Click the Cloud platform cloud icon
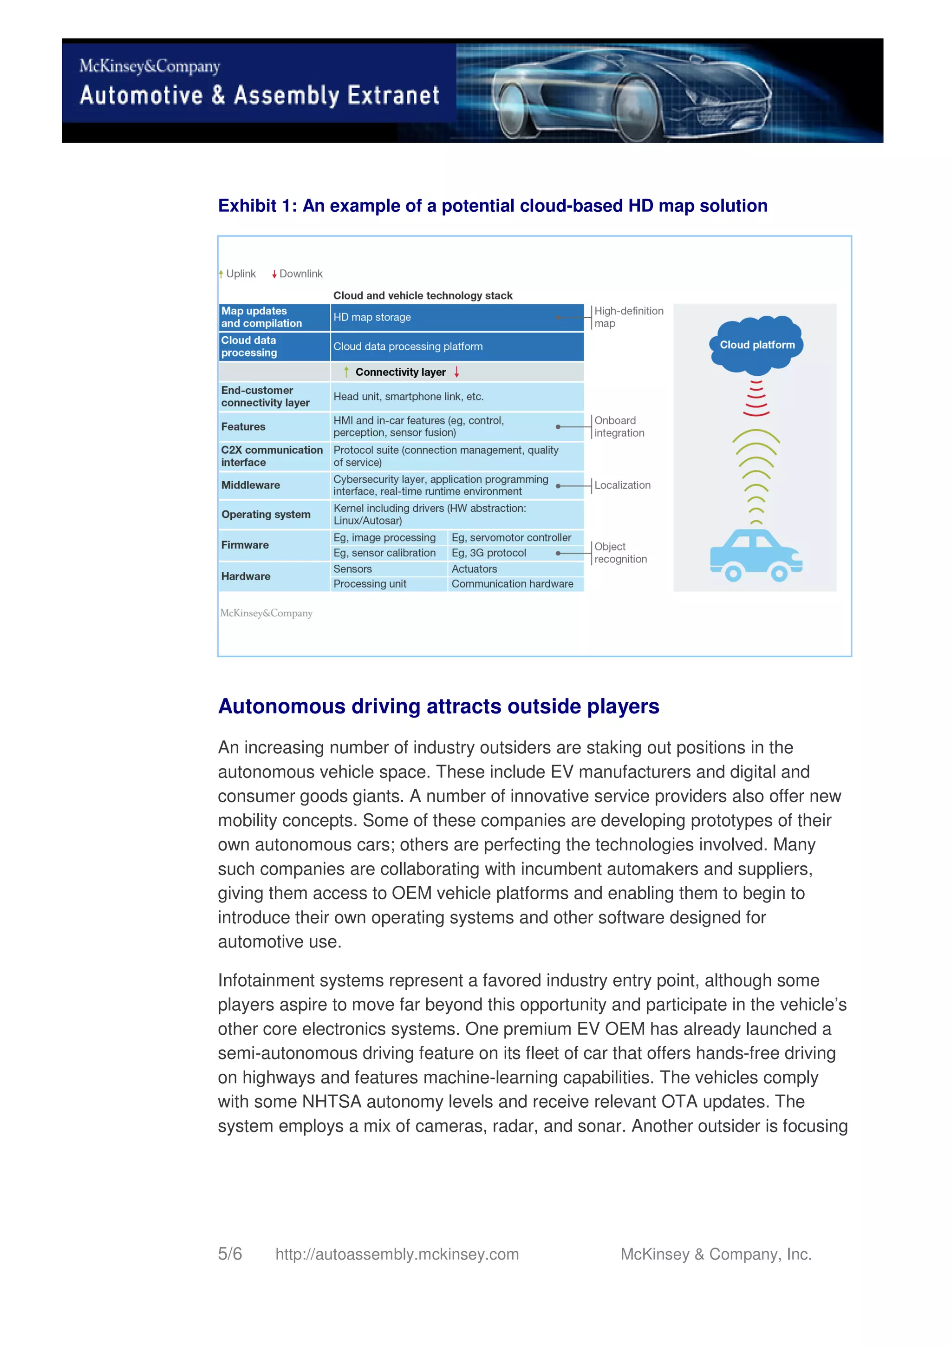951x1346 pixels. click(x=756, y=345)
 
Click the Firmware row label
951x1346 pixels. click(x=245, y=545)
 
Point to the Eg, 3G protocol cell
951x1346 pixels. click(x=489, y=553)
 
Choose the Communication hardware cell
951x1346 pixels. click(x=512, y=584)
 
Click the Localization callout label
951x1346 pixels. click(x=622, y=485)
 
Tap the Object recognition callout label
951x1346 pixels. click(x=620, y=552)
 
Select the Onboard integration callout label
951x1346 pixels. click(x=619, y=427)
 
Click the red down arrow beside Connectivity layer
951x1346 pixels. click(x=456, y=372)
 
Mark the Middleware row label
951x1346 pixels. click(x=251, y=485)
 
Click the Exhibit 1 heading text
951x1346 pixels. click(x=492, y=206)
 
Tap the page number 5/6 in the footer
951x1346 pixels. click(x=230, y=1254)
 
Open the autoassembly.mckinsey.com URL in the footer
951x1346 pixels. click(x=397, y=1254)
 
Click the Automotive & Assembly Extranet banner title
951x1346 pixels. click(x=259, y=95)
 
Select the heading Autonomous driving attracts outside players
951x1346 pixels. click(x=438, y=706)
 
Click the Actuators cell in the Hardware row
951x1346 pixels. click(x=474, y=568)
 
